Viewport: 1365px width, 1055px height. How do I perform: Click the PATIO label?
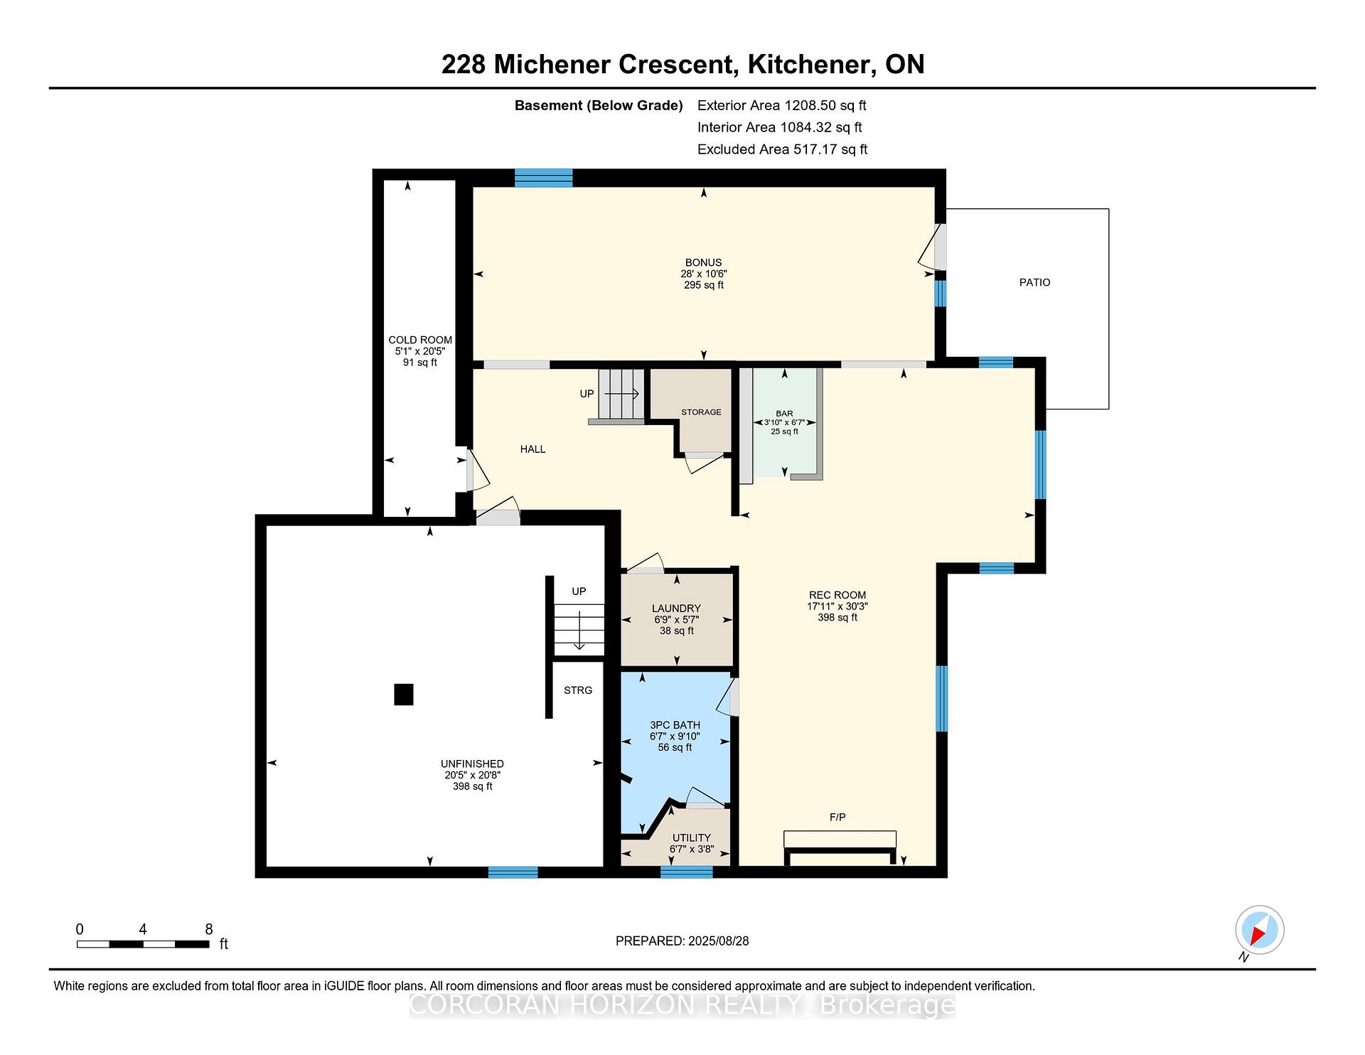pos(1034,282)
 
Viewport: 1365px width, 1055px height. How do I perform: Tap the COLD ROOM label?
pos(420,340)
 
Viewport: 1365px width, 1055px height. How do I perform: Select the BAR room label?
pos(784,413)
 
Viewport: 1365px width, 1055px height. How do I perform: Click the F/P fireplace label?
pos(837,818)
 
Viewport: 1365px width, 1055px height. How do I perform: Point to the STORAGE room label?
pos(701,412)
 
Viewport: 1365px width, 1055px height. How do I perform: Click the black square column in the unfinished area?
pos(404,694)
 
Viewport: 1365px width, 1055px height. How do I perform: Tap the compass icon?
pos(1260,930)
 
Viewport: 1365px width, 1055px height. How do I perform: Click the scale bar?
pos(143,944)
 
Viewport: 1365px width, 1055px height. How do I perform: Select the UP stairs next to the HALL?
pos(621,395)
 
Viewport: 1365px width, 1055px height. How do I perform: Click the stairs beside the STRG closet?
pos(579,630)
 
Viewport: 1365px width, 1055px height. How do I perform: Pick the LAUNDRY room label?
pos(676,609)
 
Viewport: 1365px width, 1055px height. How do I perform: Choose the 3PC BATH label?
pos(675,725)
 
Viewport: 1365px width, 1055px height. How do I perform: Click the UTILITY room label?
pos(692,837)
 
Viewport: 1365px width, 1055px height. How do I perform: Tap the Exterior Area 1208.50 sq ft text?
pos(782,106)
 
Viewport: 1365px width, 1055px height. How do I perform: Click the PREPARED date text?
pos(682,941)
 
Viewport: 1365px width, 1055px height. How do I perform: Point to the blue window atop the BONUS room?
pos(544,178)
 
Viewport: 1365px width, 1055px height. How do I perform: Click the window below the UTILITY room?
pos(687,872)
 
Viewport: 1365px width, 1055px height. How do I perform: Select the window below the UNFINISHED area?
pos(513,872)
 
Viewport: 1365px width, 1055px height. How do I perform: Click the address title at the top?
pos(683,65)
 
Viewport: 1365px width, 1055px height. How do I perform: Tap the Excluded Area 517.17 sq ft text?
pos(783,150)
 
